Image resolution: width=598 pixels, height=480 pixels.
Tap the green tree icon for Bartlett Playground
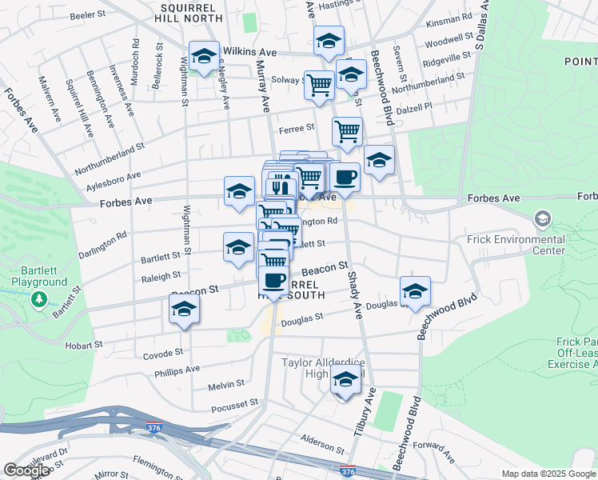pyautogui.click(x=38, y=299)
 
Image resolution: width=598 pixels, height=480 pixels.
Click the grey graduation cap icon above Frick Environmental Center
pyautogui.click(x=542, y=218)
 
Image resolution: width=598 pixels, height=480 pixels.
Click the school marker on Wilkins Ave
pyautogui.click(x=205, y=57)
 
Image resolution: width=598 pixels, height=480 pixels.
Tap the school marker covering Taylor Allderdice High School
pyautogui.click(x=345, y=382)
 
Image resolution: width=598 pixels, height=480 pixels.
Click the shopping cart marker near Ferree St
pyautogui.click(x=346, y=131)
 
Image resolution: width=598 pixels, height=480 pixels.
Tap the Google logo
pyautogui.click(x=26, y=470)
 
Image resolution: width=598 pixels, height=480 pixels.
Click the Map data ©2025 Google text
pyautogui.click(x=548, y=474)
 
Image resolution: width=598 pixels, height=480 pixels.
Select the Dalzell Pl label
pyautogui.click(x=416, y=106)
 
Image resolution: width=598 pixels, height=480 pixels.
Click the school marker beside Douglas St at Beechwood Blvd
pyautogui.click(x=415, y=291)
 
